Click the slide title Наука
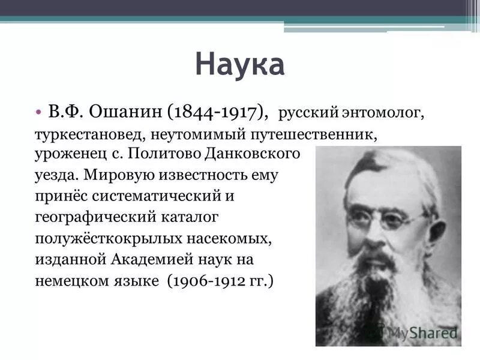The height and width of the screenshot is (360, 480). click(240, 65)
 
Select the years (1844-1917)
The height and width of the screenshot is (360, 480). click(218, 112)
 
